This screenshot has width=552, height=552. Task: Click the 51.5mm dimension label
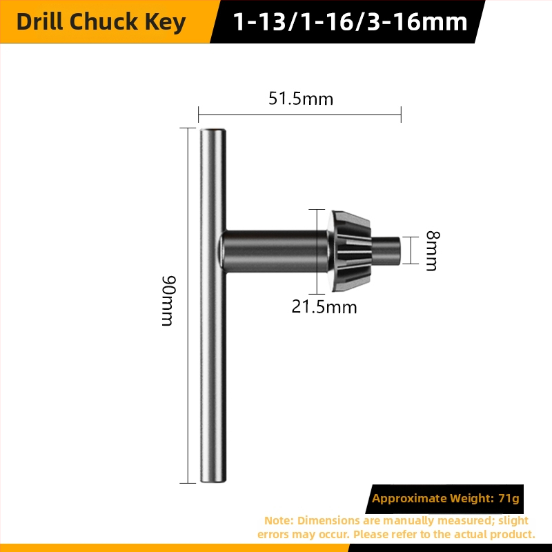tap(301, 99)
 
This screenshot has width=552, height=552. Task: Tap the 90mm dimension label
tap(168, 301)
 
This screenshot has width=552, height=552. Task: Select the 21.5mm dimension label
tap(324, 307)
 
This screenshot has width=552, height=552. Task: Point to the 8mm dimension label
tap(431, 250)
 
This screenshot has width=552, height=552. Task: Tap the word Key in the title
tap(168, 22)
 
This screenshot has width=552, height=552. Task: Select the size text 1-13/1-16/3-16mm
tap(351, 22)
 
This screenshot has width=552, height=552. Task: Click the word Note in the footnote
tap(278, 520)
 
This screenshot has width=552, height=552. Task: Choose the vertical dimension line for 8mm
tap(411, 250)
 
